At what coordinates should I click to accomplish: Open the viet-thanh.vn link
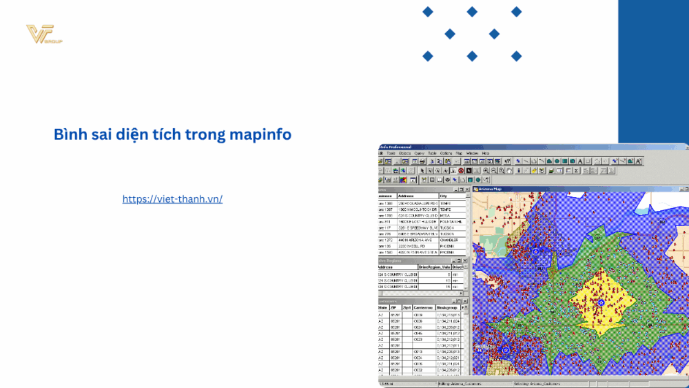172,198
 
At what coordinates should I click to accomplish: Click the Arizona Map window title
491,188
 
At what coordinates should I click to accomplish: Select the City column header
443,196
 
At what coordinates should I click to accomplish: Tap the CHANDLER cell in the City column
449,241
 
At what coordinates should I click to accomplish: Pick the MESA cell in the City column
444,215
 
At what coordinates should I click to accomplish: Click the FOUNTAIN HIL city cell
451,221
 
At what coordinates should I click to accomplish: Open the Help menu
486,152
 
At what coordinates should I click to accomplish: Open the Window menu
473,152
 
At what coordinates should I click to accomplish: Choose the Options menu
446,152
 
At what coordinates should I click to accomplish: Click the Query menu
419,152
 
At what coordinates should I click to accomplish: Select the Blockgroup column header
448,307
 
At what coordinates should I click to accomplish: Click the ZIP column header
394,307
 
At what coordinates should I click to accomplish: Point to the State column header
382,307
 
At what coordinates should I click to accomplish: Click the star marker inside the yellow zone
601,302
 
